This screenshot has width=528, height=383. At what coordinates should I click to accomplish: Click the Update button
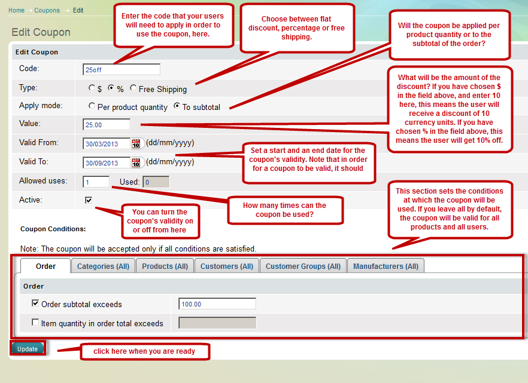[x=28, y=348]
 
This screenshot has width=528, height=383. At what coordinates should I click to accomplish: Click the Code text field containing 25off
[x=121, y=69]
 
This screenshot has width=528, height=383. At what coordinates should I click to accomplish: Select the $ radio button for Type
[x=92, y=88]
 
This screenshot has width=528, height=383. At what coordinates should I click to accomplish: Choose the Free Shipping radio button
[x=133, y=88]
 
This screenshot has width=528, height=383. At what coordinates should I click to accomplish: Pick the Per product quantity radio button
[x=92, y=106]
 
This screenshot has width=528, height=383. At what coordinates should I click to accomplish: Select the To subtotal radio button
[x=177, y=106]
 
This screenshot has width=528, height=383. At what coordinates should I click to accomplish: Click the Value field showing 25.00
[x=107, y=125]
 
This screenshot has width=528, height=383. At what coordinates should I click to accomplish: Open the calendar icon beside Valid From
[x=136, y=143]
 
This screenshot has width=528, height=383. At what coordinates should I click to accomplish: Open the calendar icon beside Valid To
[x=136, y=163]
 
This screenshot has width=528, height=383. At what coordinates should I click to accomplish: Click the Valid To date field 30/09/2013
[x=107, y=163]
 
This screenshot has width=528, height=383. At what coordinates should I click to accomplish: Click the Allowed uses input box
[x=96, y=182]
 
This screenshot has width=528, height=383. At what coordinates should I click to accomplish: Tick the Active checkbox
[x=89, y=200]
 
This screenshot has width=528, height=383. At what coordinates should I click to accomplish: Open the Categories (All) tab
[x=103, y=266]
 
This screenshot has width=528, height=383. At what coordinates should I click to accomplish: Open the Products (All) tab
[x=165, y=266]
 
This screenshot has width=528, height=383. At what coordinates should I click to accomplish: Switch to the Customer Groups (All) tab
[x=303, y=266]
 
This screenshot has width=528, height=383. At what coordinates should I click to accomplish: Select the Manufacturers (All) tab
[x=386, y=266]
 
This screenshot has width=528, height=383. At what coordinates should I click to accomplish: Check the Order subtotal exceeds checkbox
[x=35, y=304]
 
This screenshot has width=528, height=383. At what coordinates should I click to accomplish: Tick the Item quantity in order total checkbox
[x=35, y=323]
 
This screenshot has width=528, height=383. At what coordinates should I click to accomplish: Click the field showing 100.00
[x=217, y=304]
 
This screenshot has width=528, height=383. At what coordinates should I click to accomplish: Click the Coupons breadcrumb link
[x=47, y=10]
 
